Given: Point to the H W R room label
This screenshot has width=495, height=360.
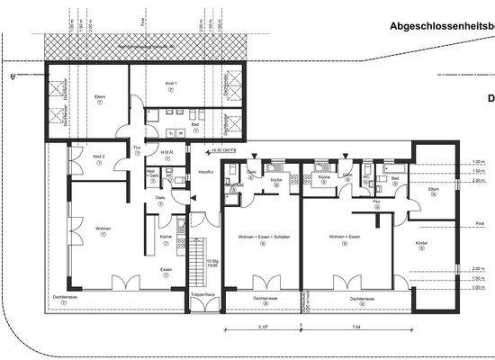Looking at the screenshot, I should [167, 152].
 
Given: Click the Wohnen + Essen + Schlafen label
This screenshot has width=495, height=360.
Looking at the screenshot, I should [258, 235].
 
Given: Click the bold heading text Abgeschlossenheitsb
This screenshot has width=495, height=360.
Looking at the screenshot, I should [442, 27].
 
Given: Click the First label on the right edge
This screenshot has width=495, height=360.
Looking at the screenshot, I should [481, 224].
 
